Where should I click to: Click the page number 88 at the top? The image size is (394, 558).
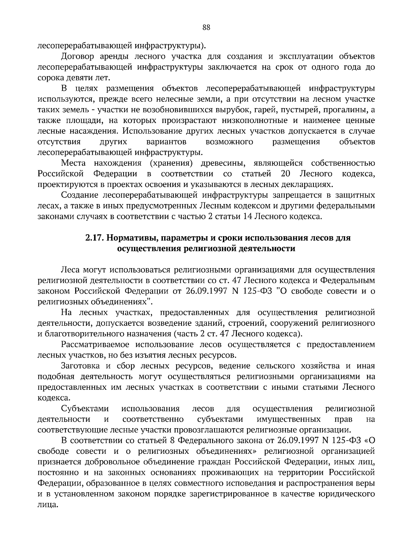pos(206,28)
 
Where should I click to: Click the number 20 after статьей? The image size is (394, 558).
pos(283,174)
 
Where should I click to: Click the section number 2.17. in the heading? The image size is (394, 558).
pos(95,238)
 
